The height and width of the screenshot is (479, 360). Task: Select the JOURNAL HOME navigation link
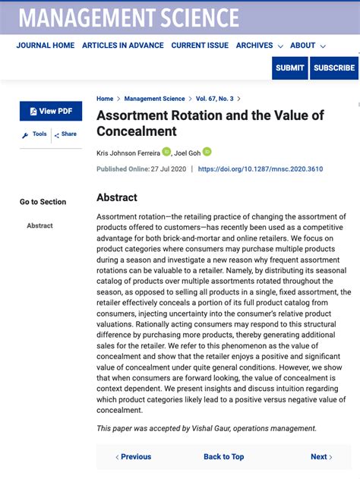click(46, 46)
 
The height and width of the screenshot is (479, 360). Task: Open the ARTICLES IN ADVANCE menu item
click(123, 46)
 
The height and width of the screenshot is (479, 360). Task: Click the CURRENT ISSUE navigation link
click(200, 46)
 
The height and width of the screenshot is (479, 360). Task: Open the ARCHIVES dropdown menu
click(259, 46)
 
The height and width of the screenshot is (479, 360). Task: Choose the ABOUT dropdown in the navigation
click(308, 46)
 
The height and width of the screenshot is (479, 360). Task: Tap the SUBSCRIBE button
click(334, 68)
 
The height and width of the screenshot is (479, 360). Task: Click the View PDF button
click(51, 111)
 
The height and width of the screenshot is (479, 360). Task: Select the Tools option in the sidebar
click(35, 134)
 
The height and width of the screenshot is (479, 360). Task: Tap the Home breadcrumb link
click(105, 99)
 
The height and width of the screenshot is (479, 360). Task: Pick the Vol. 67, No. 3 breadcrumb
click(215, 99)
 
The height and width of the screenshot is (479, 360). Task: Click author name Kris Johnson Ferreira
click(128, 153)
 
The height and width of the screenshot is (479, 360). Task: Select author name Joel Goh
click(187, 153)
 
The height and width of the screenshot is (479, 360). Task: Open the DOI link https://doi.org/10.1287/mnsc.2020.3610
click(260, 169)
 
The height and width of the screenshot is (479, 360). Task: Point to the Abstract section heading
click(117, 197)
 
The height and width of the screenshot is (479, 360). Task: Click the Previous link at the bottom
click(133, 456)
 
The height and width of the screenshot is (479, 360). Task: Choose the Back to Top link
click(223, 456)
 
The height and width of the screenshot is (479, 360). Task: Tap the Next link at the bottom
click(321, 456)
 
